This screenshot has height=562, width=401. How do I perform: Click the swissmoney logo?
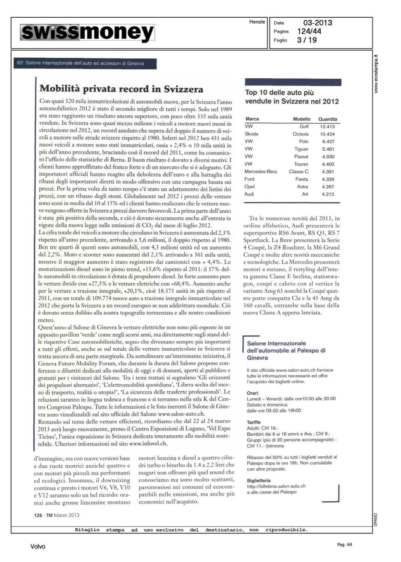87,33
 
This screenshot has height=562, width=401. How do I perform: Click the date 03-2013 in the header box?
318,23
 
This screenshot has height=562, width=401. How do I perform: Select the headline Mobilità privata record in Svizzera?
122,89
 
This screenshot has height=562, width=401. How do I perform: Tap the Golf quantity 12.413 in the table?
327,127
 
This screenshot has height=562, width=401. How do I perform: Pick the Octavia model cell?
300,134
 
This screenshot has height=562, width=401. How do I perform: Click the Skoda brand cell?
251,134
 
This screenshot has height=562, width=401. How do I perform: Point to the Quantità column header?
327,119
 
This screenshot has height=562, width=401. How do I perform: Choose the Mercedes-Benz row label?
261,172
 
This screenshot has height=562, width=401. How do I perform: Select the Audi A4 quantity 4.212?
327,194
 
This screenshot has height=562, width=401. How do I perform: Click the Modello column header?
301,119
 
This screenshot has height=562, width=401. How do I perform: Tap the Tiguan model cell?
301,149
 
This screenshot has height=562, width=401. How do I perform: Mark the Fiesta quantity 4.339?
327,179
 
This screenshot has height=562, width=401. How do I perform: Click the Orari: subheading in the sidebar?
253,393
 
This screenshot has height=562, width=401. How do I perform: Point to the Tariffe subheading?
254,422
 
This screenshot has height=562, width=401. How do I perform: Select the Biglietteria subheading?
258,480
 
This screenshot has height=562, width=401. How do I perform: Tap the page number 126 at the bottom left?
38,515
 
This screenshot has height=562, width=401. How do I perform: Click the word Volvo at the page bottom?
38,547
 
